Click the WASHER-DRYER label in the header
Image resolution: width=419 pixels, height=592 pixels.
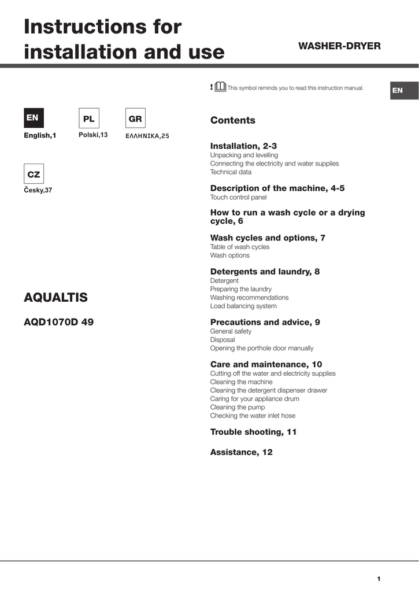pyautogui.click(x=339, y=46)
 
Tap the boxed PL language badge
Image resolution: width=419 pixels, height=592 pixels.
pyautogui.click(x=88, y=119)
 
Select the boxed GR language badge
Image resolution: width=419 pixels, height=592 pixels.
pyautogui.click(x=135, y=119)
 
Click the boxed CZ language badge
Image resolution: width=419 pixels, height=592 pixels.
pyautogui.click(x=34, y=174)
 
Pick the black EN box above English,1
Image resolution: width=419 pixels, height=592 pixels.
pyautogui.click(x=32, y=118)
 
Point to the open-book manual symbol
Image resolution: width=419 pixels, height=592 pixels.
pyautogui.click(x=220, y=87)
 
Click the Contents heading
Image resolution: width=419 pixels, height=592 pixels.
pyautogui.click(x=232, y=120)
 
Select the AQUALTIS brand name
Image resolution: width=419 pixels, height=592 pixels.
pyautogui.click(x=55, y=298)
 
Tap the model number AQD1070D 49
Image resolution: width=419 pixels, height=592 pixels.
pyautogui.click(x=58, y=323)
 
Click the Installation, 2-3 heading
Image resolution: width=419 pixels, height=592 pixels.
pyautogui.click(x=243, y=146)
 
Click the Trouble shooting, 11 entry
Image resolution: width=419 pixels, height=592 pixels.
pyautogui.click(x=253, y=432)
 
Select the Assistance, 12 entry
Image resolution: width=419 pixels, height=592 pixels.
pyautogui.click(x=241, y=452)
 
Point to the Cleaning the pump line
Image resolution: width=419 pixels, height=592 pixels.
pyautogui.click(x=238, y=407)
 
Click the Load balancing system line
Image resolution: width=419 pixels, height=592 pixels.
pyautogui.click(x=243, y=306)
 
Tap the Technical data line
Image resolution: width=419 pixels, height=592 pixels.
pyautogui.click(x=231, y=172)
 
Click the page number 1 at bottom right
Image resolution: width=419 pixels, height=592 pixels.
pyautogui.click(x=379, y=578)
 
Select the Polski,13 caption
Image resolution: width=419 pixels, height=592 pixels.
pyautogui.click(x=93, y=135)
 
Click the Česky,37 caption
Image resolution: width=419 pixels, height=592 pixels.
pyautogui.click(x=38, y=190)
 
